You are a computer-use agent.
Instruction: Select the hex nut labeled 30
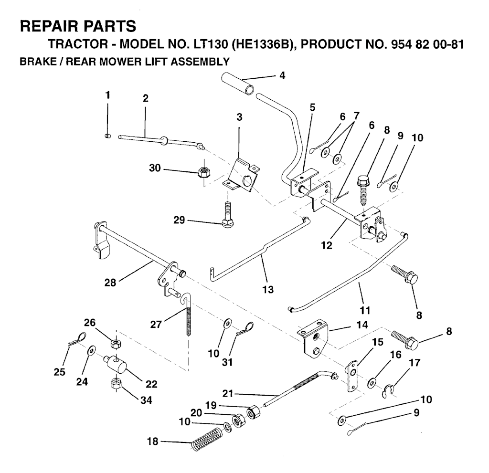point(203,171)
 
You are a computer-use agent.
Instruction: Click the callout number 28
point(110,283)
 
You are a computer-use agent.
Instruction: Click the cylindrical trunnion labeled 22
point(115,363)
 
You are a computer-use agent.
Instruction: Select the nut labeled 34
point(116,383)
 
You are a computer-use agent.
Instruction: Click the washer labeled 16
point(372,382)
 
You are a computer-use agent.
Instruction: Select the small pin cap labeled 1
point(107,136)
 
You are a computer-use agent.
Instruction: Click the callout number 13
point(268,290)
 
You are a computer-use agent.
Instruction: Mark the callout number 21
point(228,393)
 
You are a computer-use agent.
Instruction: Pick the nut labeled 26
point(116,344)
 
